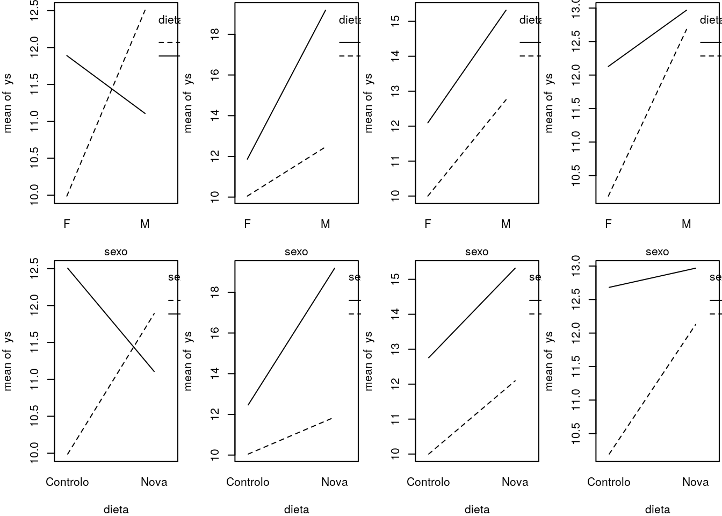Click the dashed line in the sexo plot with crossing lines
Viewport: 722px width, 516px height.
click(106, 102)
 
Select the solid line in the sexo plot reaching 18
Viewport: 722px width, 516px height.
click(286, 84)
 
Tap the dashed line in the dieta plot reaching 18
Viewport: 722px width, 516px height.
click(290, 436)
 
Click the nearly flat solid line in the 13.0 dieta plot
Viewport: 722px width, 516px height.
click(652, 278)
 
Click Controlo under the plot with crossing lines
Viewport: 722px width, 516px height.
click(67, 482)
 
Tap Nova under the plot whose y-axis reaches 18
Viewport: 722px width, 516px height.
click(334, 482)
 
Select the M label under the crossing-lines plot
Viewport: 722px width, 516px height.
click(145, 224)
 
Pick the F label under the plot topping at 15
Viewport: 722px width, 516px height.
click(428, 224)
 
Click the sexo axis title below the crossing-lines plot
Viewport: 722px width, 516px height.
click(115, 252)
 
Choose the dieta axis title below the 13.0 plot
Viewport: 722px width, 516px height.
click(657, 510)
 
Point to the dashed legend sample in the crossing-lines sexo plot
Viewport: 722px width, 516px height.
click(169, 42)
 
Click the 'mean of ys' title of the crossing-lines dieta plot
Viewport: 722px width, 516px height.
click(8, 361)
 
